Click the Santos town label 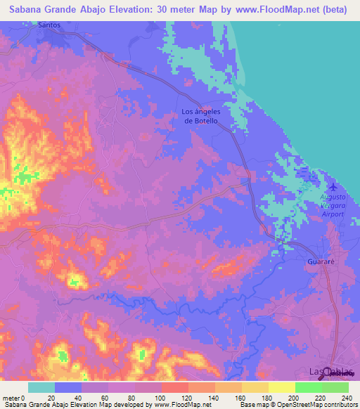[x=48, y=25]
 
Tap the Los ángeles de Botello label [x=201, y=116]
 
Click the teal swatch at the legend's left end [x=41, y=387]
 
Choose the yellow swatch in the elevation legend [x=281, y=387]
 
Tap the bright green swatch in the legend [x=308, y=387]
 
